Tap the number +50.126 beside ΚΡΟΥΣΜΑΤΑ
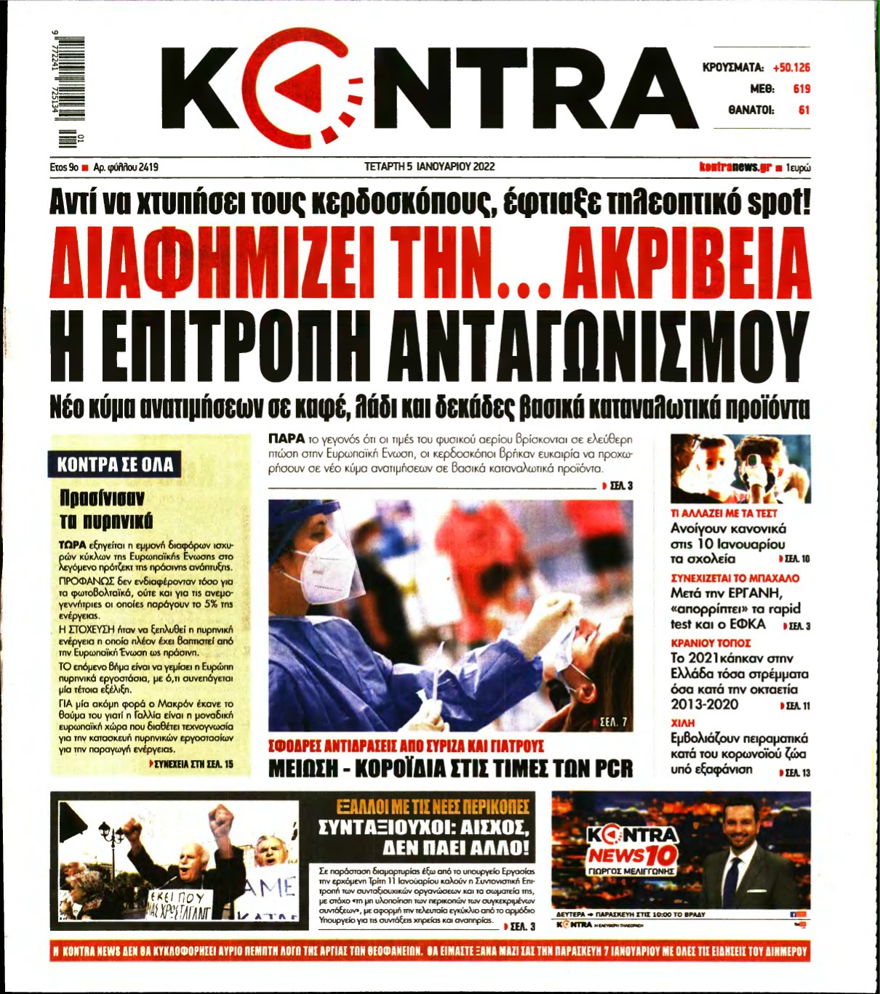coord(791,68)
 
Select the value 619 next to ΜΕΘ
coord(801,89)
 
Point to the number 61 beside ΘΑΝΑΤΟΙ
coord(804,110)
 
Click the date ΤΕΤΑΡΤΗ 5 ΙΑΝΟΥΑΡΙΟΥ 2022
coord(429,166)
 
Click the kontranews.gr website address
coord(735,167)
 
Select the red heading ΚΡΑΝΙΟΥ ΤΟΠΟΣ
coord(711,643)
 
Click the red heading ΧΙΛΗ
coord(683,723)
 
